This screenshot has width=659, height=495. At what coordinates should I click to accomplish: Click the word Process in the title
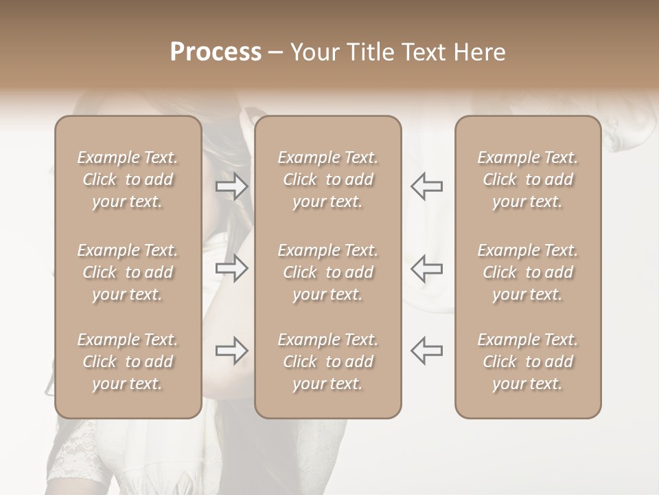pos(216,52)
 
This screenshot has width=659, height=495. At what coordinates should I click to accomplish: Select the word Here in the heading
pos(479,52)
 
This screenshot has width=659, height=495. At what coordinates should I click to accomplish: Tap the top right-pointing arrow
pos(232,186)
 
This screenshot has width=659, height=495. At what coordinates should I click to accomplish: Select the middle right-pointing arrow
pos(232,269)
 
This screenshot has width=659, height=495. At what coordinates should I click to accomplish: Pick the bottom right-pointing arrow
pos(232,351)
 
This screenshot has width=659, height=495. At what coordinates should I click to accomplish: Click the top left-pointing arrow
pos(426,186)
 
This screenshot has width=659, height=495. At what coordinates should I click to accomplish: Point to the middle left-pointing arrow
pos(426,269)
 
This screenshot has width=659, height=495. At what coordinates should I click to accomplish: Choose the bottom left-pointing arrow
pos(426,351)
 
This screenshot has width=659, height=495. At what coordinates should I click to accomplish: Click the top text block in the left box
pos(128,179)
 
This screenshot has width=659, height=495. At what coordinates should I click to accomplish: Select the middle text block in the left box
pos(128,272)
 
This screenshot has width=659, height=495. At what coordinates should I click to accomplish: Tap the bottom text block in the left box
pos(128,362)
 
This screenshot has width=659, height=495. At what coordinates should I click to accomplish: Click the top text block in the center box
pos(327,179)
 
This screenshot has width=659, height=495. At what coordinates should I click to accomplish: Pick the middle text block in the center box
pos(327,272)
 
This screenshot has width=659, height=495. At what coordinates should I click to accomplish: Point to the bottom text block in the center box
pos(327,362)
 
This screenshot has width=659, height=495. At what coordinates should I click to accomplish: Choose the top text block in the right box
pos(527,179)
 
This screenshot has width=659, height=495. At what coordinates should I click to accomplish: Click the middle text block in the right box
pos(527,272)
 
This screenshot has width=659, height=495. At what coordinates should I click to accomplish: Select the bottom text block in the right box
pos(527,362)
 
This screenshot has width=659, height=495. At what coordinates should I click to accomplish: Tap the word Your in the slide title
pos(313,52)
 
